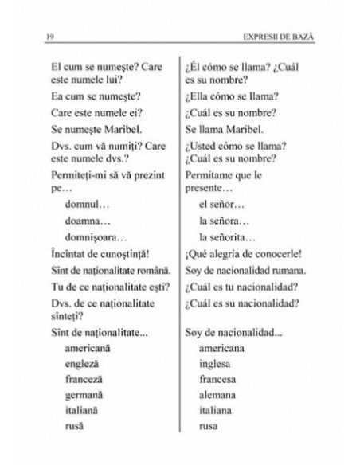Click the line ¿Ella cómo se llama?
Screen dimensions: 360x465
coord(230,96)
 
